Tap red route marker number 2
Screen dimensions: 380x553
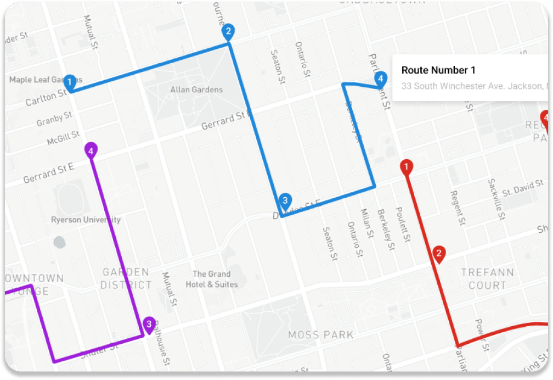tap(439, 254)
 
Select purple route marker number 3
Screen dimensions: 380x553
tap(148, 325)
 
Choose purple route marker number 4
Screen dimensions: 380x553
tap(91, 150)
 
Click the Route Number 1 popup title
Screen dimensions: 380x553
tap(438, 70)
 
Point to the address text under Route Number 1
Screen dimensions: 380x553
tap(475, 86)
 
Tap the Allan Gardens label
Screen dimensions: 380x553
tap(196, 90)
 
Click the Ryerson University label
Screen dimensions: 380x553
tap(86, 220)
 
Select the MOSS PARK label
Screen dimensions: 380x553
tap(321, 334)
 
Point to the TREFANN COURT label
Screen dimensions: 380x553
tap(487, 279)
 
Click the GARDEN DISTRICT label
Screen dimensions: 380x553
tap(126, 278)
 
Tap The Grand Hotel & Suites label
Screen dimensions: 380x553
tap(211, 279)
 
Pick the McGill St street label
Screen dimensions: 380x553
tap(63, 137)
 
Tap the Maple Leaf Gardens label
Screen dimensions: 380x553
tap(37, 80)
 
